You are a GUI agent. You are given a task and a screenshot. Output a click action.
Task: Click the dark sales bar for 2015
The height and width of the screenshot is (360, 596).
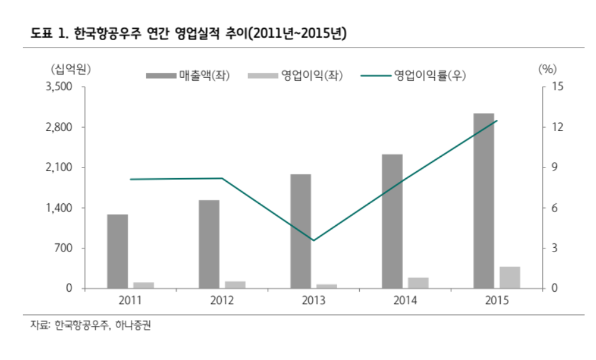pyautogui.click(x=484, y=201)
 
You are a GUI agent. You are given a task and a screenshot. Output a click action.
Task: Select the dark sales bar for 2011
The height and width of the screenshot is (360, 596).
pyautogui.click(x=117, y=251)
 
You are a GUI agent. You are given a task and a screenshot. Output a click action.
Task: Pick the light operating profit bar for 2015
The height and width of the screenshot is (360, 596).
pyautogui.click(x=510, y=277)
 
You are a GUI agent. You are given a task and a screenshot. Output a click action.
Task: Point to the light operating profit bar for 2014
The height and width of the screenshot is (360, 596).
pyautogui.click(x=419, y=282)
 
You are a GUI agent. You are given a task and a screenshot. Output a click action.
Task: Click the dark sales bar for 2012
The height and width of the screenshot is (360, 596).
pyautogui.click(x=209, y=244)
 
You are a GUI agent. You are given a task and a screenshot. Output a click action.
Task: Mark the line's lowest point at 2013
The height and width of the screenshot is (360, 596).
pyautogui.click(x=313, y=240)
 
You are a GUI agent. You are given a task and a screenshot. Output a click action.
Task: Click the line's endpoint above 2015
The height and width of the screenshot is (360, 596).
pyautogui.click(x=497, y=120)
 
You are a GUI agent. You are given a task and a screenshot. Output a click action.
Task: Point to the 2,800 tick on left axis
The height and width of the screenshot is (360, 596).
pyautogui.click(x=61, y=127)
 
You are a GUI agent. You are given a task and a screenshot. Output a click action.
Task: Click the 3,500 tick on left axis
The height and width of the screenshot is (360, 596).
pyautogui.click(x=61, y=87)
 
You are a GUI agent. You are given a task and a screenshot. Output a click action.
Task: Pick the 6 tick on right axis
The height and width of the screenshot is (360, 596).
pyautogui.click(x=553, y=208)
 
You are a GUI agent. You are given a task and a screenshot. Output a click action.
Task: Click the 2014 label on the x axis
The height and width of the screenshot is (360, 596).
pyautogui.click(x=405, y=300)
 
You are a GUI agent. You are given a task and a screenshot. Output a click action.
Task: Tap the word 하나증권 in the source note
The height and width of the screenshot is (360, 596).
pyautogui.click(x=133, y=326)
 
